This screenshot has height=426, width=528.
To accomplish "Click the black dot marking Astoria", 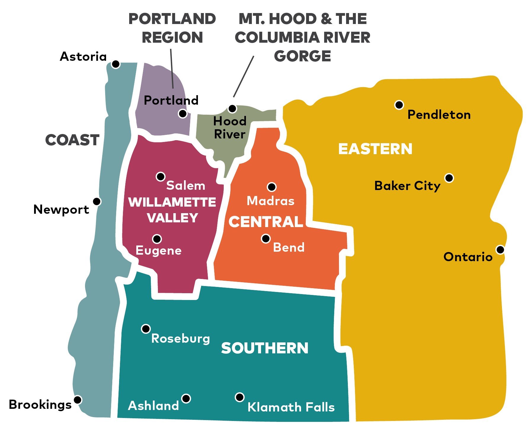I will pyautogui.click(x=116, y=64).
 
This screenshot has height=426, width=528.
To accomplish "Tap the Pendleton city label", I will pyautogui.click(x=439, y=115).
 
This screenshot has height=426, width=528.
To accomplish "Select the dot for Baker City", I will pyautogui.click(x=449, y=178).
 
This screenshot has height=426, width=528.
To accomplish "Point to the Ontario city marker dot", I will pyautogui.click(x=500, y=250).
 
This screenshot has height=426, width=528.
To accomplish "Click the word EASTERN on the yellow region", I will pyautogui.click(x=375, y=149).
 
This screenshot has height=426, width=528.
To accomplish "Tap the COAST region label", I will pyautogui.click(x=72, y=140).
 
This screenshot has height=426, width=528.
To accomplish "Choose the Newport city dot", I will pyautogui.click(x=97, y=202).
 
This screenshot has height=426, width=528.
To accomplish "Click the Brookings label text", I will pyautogui.click(x=40, y=405).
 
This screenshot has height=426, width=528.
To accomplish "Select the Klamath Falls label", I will pyautogui.click(x=291, y=407).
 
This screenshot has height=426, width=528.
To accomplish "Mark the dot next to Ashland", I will pyautogui.click(x=186, y=398).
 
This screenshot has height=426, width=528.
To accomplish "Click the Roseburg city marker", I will pyautogui.click(x=146, y=329).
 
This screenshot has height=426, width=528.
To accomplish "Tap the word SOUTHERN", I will pyautogui.click(x=265, y=348).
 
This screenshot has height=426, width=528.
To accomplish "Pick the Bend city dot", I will pyautogui.click(x=266, y=238).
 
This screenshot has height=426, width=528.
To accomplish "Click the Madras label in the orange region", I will pyautogui.click(x=271, y=201).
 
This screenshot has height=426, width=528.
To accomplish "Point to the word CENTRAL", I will pyautogui.click(x=266, y=222).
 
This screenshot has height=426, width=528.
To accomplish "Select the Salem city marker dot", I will pyautogui.click(x=161, y=177).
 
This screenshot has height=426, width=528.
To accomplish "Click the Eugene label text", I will pyautogui.click(x=159, y=251).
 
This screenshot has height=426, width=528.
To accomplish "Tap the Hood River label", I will pyautogui.click(x=230, y=127).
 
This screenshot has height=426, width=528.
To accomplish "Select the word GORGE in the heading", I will pyautogui.click(x=302, y=56).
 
